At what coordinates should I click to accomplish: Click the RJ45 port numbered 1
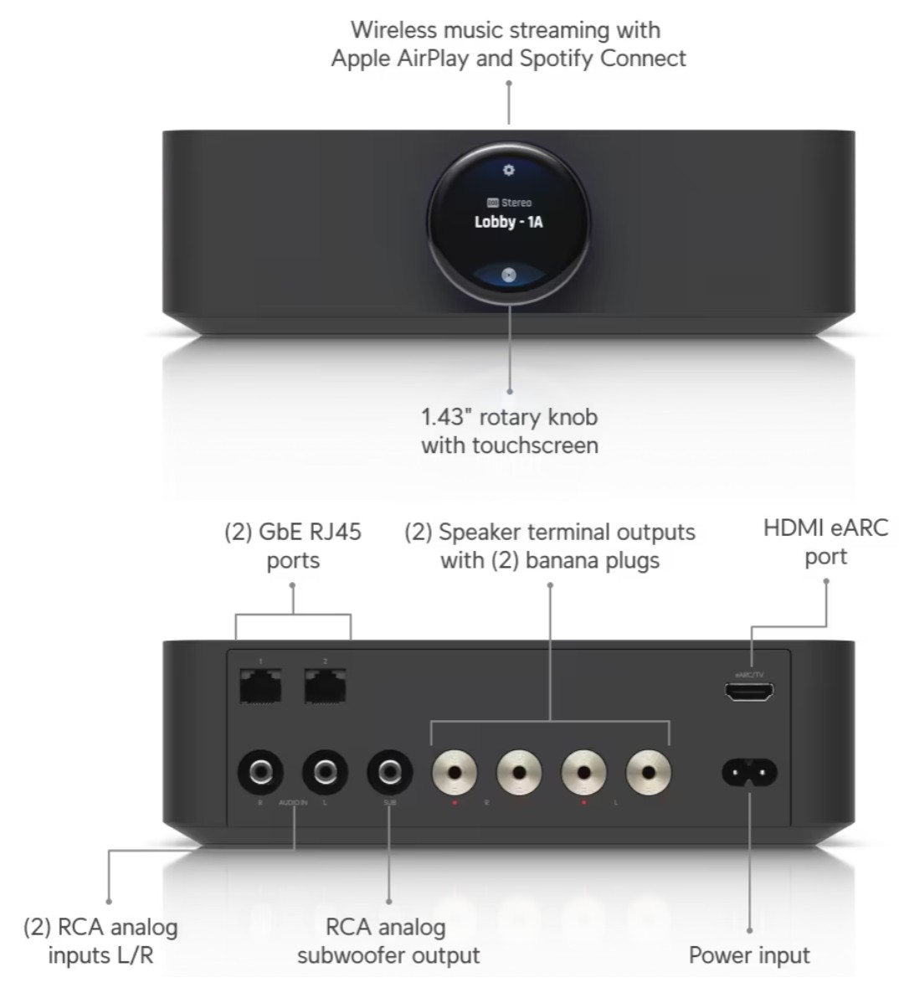coord(260,687)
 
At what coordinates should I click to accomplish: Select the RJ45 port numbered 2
coord(325,687)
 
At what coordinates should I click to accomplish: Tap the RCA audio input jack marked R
coord(260,771)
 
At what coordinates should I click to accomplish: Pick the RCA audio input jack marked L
coord(325,771)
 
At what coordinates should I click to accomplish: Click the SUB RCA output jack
coord(389,771)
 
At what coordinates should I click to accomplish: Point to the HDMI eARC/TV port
coord(749,692)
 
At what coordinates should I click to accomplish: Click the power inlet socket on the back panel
coord(749,772)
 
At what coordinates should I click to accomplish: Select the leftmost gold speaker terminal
coord(455,772)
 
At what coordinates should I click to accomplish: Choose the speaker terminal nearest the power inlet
coord(649,772)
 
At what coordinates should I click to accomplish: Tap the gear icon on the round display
coord(508,170)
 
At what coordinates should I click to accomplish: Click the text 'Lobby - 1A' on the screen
coord(508,223)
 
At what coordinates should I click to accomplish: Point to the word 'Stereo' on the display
coord(516,203)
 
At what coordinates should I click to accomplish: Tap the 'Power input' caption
coord(749,955)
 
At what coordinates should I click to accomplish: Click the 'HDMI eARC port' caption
coord(825,542)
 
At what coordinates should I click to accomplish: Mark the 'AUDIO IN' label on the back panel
coord(293,802)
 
